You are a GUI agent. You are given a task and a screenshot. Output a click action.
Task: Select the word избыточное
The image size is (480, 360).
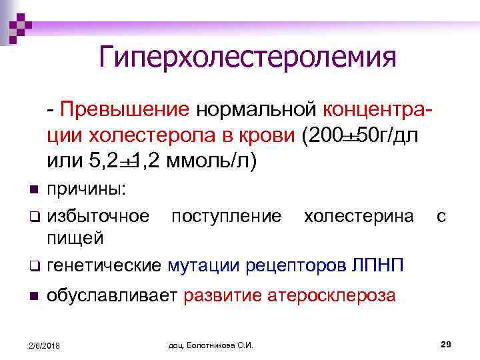coord(97,216)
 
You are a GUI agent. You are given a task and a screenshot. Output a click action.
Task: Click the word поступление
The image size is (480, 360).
coord(226,216)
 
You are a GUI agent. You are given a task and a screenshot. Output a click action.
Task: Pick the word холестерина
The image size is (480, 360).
coord(358,216)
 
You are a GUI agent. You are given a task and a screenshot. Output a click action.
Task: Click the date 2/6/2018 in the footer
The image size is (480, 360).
coord(43,345)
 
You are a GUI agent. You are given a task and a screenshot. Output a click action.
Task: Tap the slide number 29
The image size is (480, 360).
coord(447,343)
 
